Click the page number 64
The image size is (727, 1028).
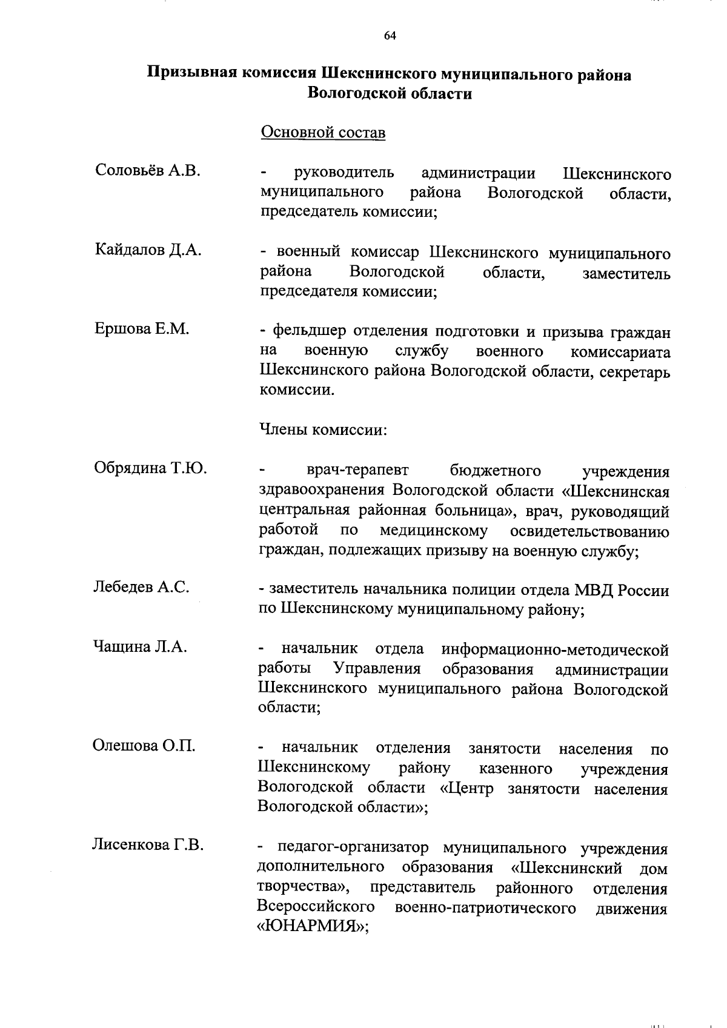point(390,36)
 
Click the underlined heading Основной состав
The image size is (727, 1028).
point(323,132)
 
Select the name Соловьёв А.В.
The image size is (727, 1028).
point(148,171)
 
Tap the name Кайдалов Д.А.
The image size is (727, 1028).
point(148,250)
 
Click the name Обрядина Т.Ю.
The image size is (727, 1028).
point(150,468)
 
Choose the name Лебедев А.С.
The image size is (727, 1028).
point(142,586)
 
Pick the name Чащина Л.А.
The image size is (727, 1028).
point(140,646)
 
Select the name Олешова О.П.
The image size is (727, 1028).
point(144,745)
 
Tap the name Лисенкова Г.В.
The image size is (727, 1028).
point(147,844)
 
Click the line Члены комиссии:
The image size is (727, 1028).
point(323,430)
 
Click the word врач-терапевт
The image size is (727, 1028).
point(357,470)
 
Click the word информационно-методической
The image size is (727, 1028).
point(555,649)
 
